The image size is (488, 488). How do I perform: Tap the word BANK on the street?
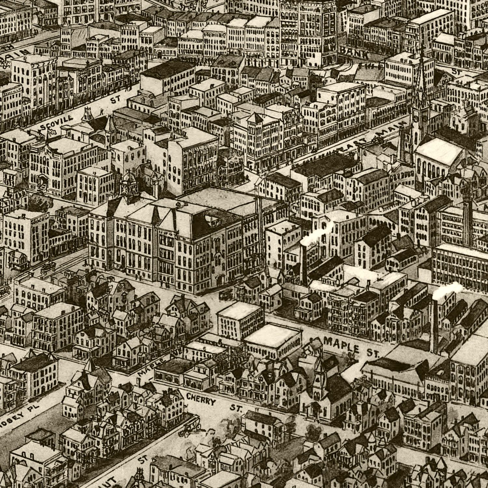(355, 52)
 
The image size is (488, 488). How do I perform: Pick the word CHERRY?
(201, 399)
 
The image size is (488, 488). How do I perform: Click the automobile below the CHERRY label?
(190, 426)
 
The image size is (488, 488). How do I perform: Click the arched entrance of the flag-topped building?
(43, 181)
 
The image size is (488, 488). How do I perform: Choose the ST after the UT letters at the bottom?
(142, 460)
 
